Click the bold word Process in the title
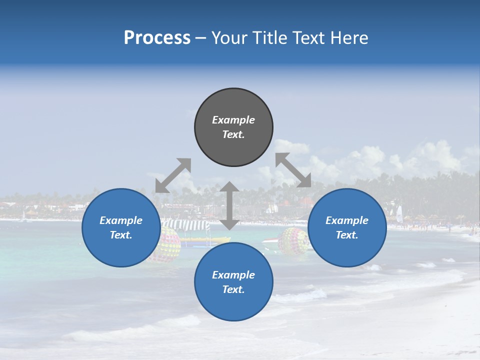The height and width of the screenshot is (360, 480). (157, 38)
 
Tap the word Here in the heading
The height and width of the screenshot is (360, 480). (350, 38)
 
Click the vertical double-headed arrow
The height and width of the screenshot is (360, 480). (229, 205)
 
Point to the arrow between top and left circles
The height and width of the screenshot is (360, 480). (173, 175)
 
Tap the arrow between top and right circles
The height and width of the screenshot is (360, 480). (293, 170)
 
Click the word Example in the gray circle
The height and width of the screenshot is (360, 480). (233, 120)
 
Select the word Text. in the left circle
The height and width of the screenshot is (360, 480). (121, 235)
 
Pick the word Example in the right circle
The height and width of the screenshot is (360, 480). (347, 220)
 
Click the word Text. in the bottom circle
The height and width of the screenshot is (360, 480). (233, 289)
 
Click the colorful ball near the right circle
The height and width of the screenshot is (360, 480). (294, 241)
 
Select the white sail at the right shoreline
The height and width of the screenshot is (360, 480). (399, 214)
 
